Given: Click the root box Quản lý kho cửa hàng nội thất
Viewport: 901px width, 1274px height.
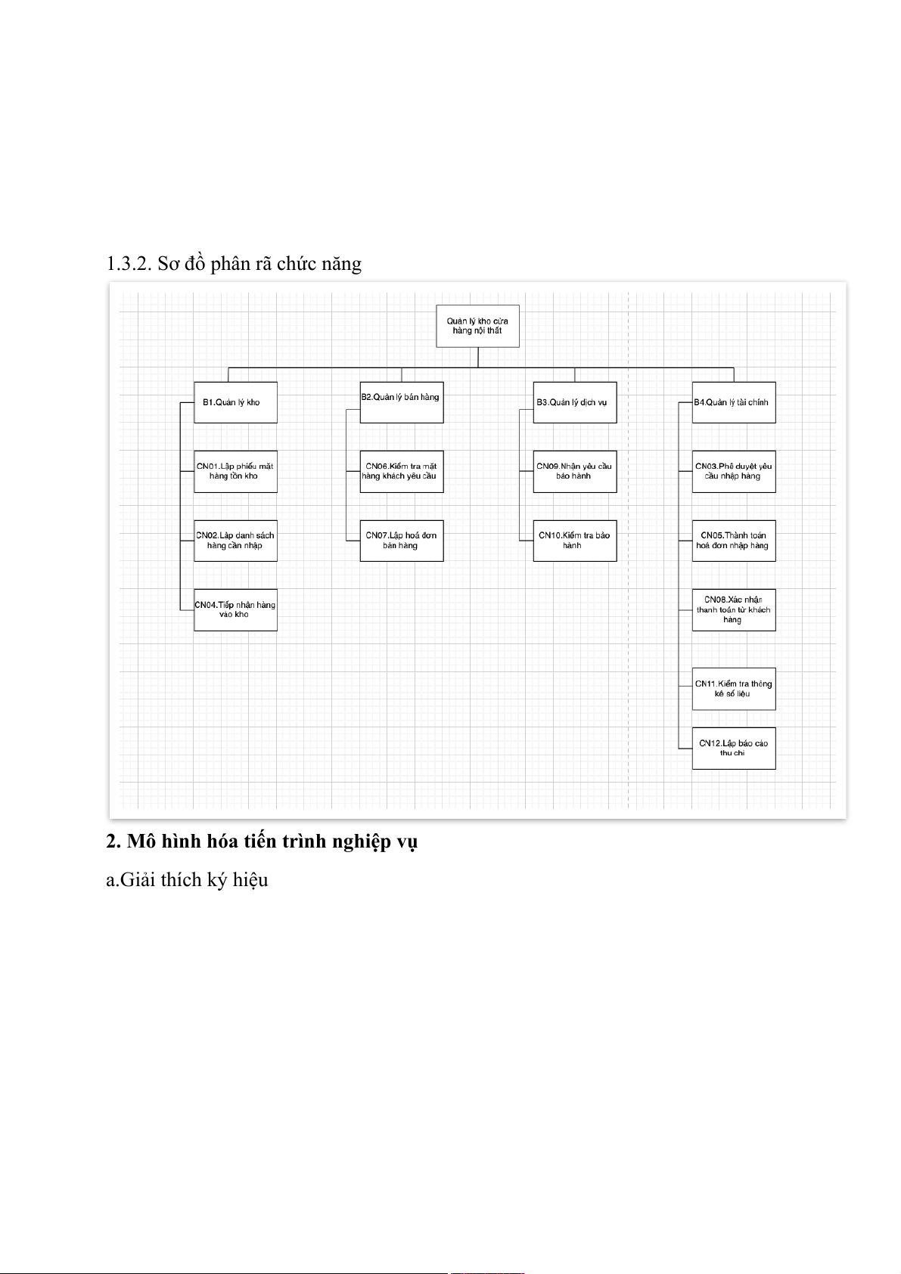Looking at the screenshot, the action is (x=477, y=326).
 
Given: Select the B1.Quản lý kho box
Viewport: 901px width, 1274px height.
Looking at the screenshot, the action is (x=235, y=402).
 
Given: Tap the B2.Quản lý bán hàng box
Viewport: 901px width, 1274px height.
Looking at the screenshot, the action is (x=402, y=402).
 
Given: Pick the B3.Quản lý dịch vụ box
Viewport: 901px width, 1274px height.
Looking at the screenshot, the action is (x=575, y=402).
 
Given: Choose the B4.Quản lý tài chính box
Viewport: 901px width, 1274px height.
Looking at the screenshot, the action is (x=734, y=402).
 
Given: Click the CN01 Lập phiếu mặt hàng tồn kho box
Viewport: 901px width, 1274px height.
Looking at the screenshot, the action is (x=235, y=472).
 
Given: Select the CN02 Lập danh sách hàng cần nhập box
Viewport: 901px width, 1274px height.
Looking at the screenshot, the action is (x=235, y=541).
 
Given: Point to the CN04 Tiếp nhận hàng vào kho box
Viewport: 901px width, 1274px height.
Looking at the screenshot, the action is (x=235, y=609).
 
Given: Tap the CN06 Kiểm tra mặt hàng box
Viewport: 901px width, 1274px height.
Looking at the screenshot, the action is (x=402, y=472).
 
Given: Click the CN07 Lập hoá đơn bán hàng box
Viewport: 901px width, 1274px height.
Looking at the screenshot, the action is (x=402, y=541).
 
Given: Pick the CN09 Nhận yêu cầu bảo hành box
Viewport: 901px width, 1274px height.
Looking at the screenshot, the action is (x=575, y=472).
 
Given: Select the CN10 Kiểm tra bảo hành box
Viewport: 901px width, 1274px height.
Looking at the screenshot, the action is (x=575, y=541).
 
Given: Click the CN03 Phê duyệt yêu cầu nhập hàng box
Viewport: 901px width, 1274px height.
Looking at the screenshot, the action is (x=734, y=472).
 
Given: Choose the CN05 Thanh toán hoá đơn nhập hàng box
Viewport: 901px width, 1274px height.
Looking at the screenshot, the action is (x=734, y=541).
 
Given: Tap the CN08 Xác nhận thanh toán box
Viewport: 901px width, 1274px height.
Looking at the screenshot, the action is (x=734, y=609).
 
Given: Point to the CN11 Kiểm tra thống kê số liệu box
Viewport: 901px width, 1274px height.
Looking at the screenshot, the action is (x=734, y=689).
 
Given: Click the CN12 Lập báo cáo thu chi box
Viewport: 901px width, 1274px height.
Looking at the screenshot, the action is (x=734, y=749).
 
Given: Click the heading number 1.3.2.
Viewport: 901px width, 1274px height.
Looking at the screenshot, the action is (x=129, y=263).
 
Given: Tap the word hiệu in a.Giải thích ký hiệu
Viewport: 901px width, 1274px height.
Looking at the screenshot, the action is (x=250, y=880).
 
